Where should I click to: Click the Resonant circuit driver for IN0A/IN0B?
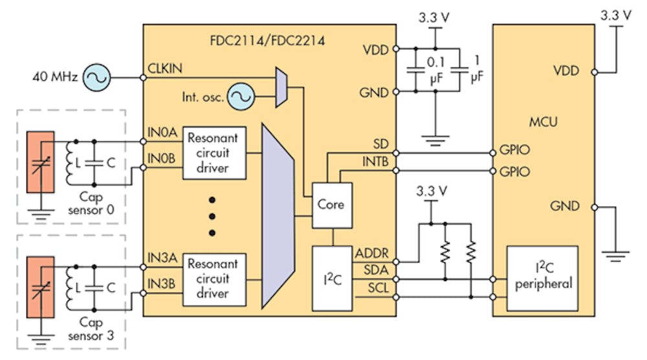coord(215,153)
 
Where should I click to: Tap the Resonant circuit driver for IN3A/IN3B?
coord(215,278)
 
